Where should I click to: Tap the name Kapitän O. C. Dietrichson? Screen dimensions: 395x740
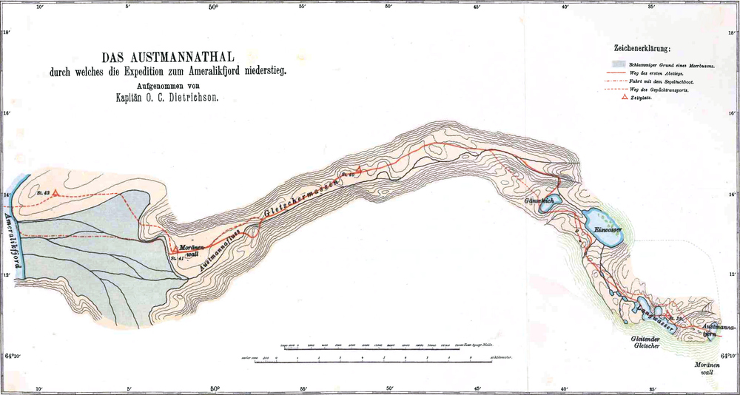(162, 98)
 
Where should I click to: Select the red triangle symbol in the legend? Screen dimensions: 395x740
(622, 98)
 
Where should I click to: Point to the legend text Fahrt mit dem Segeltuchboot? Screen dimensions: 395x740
(665, 81)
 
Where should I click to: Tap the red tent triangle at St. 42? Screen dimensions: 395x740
(55, 193)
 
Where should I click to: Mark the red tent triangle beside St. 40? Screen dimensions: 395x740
(359, 171)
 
